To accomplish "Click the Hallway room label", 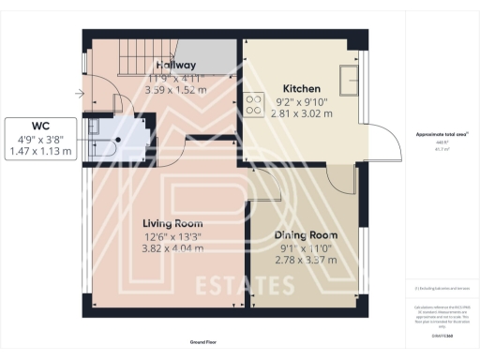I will click(175, 65).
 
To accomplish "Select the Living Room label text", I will click(172, 223).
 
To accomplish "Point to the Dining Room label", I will click(305, 234).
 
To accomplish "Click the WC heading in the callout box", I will click(40, 125).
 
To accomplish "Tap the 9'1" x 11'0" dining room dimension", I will click(305, 247).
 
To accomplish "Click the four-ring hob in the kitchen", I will click(254, 104).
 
